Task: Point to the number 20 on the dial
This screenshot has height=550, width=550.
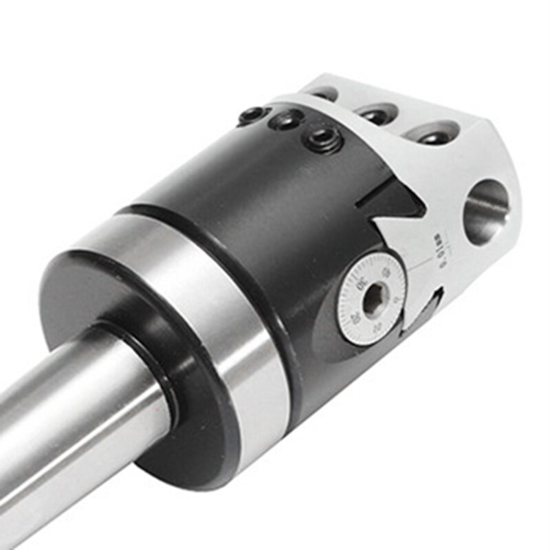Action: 355,317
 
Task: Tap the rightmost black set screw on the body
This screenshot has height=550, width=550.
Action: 324,140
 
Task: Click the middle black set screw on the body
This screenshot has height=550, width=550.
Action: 285,121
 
